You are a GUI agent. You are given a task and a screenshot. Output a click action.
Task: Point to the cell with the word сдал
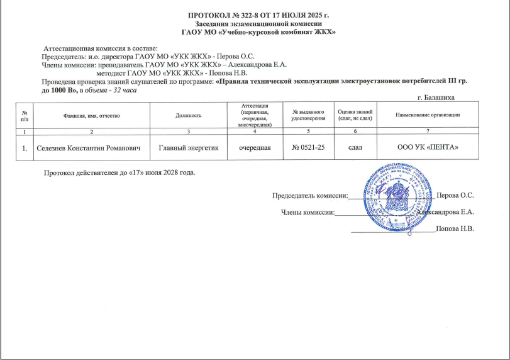pyautogui.click(x=356, y=147)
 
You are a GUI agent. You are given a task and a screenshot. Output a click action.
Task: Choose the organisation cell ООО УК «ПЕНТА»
pyautogui.click(x=428, y=147)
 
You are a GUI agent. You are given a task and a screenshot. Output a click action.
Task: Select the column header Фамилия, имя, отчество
pyautogui.click(x=91, y=115)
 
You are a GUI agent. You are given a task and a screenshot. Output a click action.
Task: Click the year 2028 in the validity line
pyautogui.click(x=169, y=172)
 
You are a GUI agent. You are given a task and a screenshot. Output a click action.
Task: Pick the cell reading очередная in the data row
pyautogui.click(x=254, y=147)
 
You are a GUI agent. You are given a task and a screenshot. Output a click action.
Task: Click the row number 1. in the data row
pyautogui.click(x=24, y=148)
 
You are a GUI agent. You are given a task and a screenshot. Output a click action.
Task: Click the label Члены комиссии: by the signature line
pyautogui.click(x=307, y=212)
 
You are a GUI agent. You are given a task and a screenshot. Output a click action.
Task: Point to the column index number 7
pyautogui.click(x=428, y=131)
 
